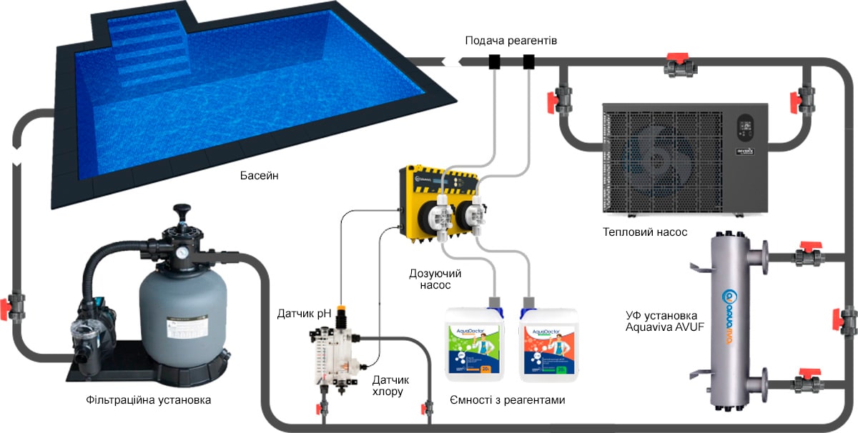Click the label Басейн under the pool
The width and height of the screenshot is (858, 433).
tap(259, 175)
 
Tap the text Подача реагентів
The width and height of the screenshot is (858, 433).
tap(511, 41)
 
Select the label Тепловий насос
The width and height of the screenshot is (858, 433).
tap(645, 232)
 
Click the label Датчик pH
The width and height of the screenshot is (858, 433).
tap(305, 313)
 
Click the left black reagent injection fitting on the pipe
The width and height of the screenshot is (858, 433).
tap(495, 61)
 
